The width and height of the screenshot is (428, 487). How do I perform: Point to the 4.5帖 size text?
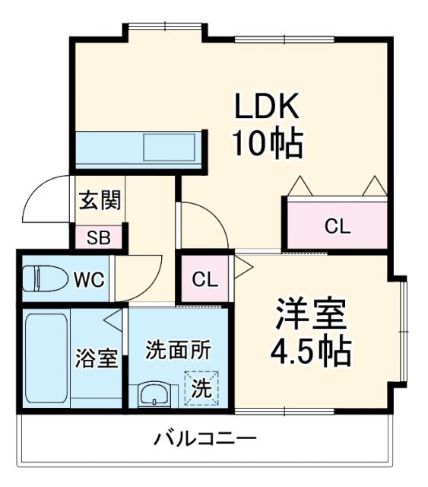click(312, 350)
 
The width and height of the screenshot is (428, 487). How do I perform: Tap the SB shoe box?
click(98, 237)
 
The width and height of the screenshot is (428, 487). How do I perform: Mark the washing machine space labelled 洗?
click(201, 389)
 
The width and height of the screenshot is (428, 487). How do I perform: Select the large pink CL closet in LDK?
click(337, 226)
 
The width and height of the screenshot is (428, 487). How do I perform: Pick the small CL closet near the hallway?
click(204, 279)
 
